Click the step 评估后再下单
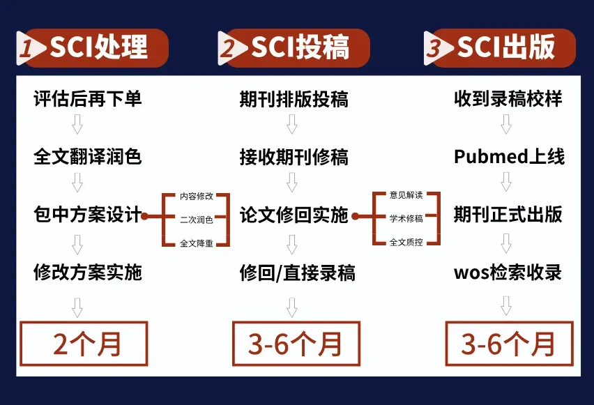coord(88,99)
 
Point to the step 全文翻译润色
coord(88,156)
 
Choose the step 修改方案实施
coord(88,272)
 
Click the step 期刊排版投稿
coord(294,99)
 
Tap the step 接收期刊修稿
coord(294,156)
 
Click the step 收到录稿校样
coord(508,99)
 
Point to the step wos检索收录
coord(508,272)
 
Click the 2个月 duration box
coord(84,344)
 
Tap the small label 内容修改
coord(197,197)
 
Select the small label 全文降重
coord(197,243)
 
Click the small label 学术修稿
coord(406,219)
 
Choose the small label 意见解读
coord(406,196)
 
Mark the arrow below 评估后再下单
coord(77,126)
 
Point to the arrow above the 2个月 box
coord(77,307)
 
